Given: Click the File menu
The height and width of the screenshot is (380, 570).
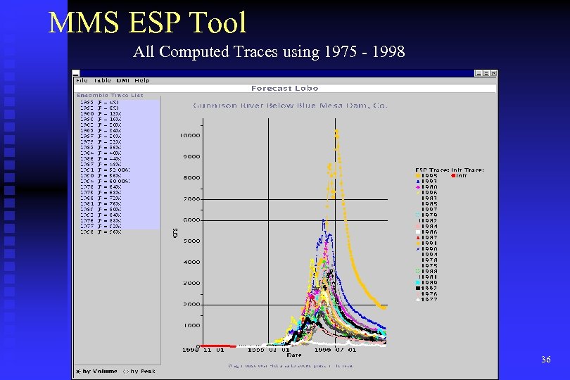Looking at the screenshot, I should pos(82,80).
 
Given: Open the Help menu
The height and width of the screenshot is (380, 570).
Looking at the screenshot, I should pos(142,80).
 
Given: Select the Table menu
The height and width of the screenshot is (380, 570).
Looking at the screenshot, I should pos(103,80).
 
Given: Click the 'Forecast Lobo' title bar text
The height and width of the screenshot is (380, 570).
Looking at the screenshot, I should pos(284,89).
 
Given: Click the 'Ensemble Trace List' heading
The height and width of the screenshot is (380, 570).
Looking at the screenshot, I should pos(110,95).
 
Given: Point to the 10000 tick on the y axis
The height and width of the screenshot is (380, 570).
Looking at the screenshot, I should pos(190,135).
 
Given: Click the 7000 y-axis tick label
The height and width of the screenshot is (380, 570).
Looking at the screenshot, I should pos(191,198).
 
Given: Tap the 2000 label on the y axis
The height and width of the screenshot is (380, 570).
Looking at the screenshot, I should pos(191,304).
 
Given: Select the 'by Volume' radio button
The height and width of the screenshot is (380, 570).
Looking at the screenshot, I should pos(79,371).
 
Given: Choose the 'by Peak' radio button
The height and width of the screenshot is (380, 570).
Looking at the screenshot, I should pos(125,371).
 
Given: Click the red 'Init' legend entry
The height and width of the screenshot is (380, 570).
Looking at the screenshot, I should pos(458,175).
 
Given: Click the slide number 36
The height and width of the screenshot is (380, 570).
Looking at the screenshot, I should pos(546,360).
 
